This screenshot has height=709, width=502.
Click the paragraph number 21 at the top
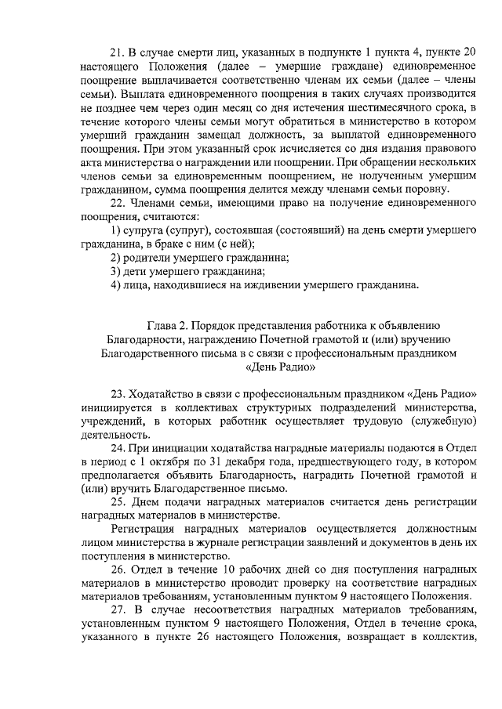[x=118, y=52]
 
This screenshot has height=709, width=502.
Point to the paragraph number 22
[x=118, y=203]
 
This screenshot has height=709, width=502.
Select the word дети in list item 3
[x=137, y=271]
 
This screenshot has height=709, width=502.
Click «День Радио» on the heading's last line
[x=280, y=367]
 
